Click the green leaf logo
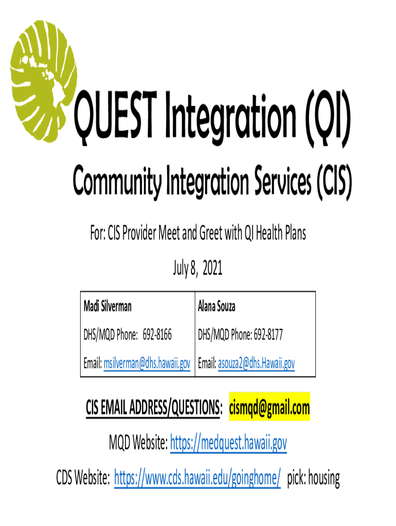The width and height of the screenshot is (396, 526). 43,81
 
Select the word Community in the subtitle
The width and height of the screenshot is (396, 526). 117,181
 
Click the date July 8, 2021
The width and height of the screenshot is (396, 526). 197,268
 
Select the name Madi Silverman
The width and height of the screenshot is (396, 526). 107,306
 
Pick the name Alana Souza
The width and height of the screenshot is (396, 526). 217,306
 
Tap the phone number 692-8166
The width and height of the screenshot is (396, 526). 157,334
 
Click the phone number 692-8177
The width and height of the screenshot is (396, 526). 268,334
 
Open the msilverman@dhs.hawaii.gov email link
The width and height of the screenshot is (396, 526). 147,363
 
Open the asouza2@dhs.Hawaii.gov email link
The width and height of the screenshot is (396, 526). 256,363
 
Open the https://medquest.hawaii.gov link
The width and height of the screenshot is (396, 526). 228,443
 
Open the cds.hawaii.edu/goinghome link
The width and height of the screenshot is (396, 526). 197,478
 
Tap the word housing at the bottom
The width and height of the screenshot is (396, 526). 324,478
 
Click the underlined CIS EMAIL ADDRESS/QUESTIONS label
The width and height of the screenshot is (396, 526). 154,408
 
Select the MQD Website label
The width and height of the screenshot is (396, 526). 138,442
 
